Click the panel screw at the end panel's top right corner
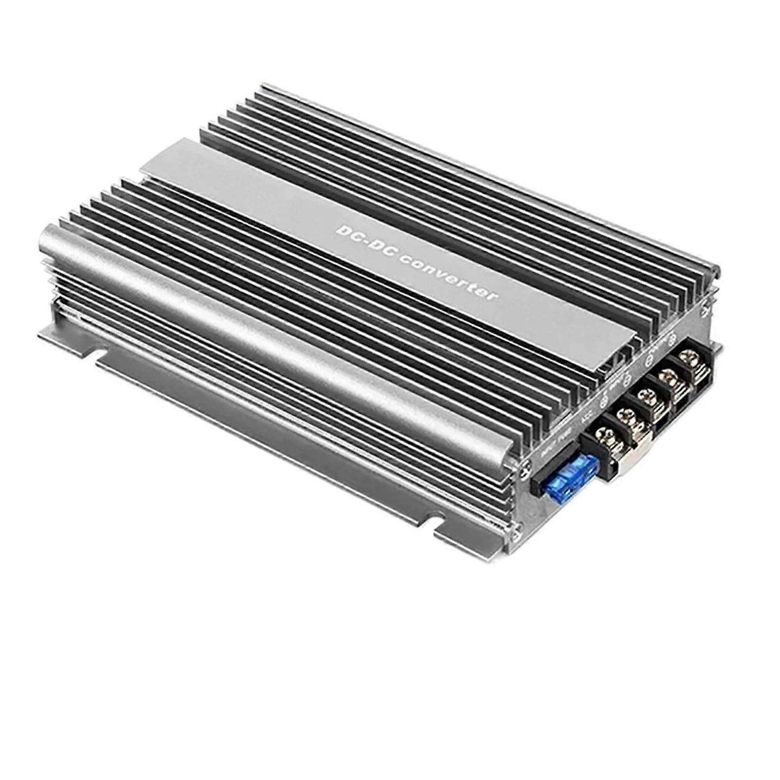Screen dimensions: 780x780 (x=706, y=308)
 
